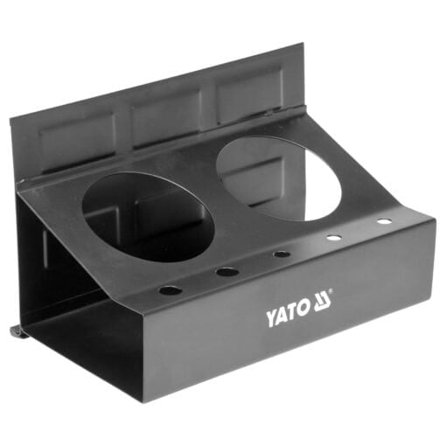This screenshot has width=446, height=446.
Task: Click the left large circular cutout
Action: [148, 217]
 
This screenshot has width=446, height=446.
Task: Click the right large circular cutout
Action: [279, 178]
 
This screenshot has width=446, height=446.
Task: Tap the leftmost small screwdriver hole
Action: [170, 290]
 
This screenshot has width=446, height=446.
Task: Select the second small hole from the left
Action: [226, 272]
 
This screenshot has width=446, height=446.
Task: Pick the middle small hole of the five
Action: [282, 254]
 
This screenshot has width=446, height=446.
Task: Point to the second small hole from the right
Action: [334, 238]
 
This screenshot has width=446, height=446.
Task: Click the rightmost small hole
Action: [384, 221]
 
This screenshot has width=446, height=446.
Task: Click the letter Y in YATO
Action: [271, 319]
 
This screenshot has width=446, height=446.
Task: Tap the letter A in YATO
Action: [282, 317]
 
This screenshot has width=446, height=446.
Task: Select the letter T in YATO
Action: [293, 313]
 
